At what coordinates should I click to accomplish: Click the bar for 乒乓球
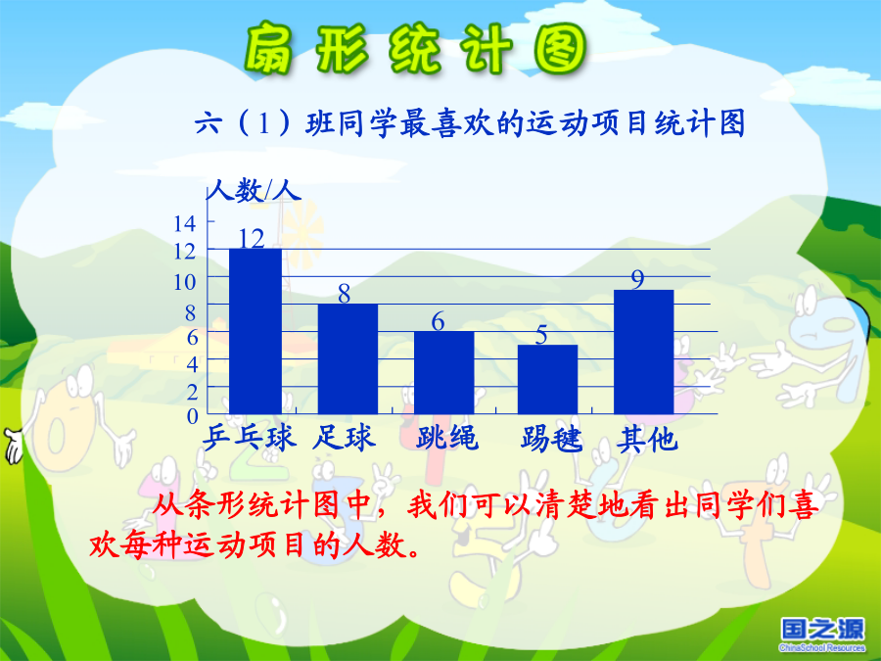255,331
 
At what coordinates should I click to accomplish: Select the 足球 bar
348,358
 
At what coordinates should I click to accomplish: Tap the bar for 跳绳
443,373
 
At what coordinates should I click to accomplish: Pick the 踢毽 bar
547,379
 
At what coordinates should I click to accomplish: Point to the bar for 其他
643,352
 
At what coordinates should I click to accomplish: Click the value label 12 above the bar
252,238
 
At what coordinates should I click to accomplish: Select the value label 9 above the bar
637,279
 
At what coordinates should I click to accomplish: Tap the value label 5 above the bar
540,335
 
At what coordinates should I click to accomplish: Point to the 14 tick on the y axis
184,223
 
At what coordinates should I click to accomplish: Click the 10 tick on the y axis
184,282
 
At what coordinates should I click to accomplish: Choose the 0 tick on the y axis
192,416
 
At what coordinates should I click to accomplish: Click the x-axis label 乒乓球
249,438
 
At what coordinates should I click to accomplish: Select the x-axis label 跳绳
447,438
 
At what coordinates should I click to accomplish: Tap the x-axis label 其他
647,439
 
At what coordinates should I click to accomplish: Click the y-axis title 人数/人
255,190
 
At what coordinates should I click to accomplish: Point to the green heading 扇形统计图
416,50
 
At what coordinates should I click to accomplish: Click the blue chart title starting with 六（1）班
470,123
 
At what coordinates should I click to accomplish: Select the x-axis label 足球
344,438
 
